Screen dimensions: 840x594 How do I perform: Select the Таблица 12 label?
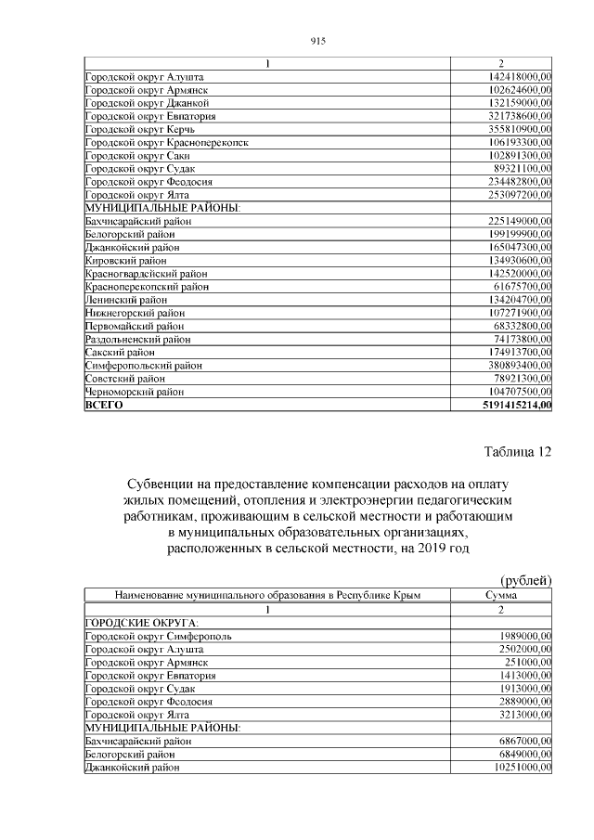click(x=518, y=452)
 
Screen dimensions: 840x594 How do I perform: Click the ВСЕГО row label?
click(x=104, y=406)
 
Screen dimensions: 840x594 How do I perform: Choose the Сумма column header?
click(x=501, y=595)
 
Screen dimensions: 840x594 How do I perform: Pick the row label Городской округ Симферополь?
click(x=159, y=636)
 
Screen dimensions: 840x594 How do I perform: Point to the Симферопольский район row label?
click(x=137, y=366)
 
